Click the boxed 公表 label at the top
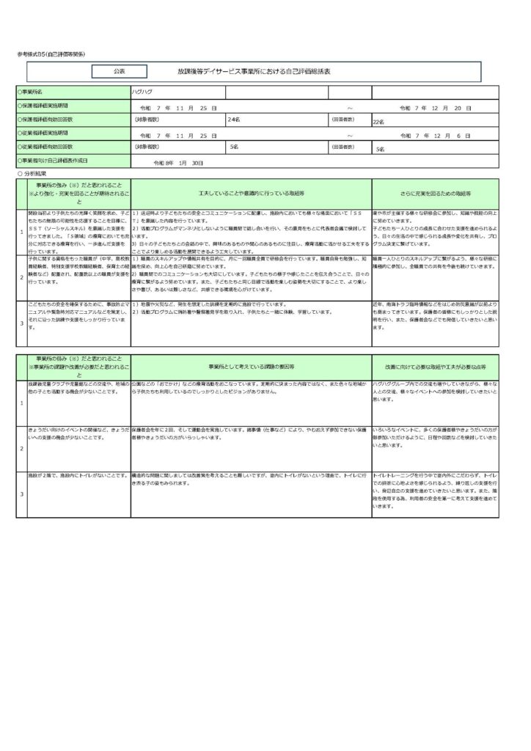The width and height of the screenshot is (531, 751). click(x=120, y=72)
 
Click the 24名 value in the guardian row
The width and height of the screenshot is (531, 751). click(x=234, y=119)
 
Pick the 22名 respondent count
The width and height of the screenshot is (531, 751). click(x=379, y=122)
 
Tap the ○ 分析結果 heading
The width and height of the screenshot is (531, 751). click(x=34, y=174)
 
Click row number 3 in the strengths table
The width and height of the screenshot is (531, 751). click(x=21, y=322)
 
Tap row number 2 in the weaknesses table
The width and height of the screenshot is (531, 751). click(x=21, y=447)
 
